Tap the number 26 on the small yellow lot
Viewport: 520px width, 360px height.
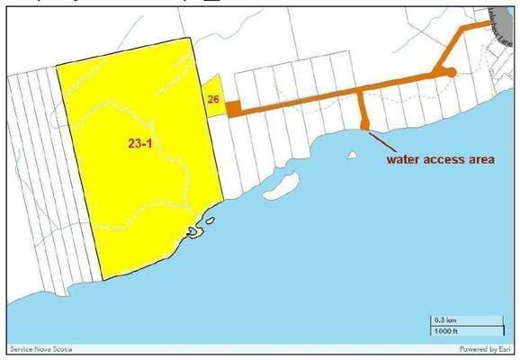(213, 99)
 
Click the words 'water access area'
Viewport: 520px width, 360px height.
(441, 160)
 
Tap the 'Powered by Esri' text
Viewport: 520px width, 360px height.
(485, 348)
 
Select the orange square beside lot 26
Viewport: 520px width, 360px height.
(231, 109)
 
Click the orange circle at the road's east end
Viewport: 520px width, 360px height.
(451, 71)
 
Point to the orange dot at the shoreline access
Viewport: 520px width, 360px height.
(365, 124)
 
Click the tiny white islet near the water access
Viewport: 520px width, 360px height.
(352, 154)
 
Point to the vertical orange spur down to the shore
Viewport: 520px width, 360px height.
(362, 106)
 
